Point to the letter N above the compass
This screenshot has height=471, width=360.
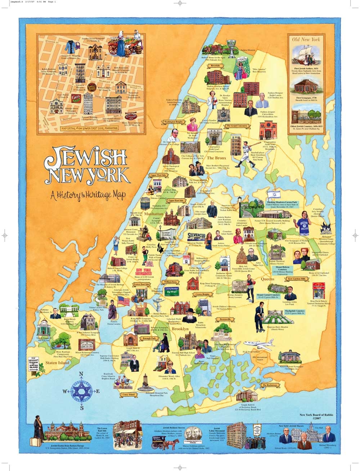[81, 374]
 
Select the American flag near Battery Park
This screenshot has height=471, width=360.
[124, 301]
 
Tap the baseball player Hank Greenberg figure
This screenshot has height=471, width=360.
[246, 154]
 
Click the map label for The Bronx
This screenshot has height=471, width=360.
[216, 158]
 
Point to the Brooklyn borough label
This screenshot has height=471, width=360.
[180, 329]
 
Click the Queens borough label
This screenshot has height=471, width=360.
[267, 279]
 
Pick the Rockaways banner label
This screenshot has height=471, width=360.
[270, 385]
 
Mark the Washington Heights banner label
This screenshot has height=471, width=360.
[174, 122]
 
